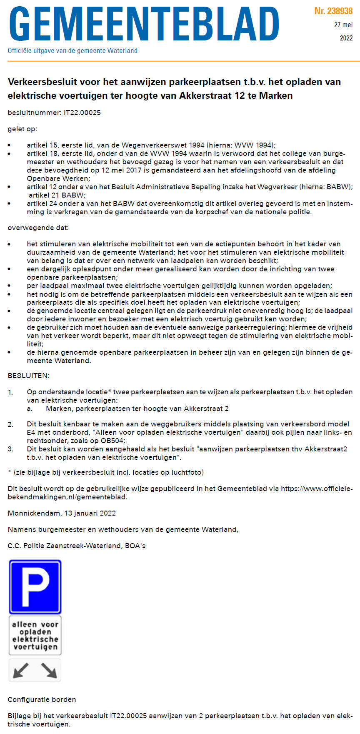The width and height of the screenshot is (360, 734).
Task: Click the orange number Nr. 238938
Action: click(333, 11)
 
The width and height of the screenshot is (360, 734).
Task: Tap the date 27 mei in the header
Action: click(343, 25)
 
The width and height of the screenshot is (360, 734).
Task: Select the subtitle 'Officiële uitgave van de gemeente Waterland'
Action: click(72, 51)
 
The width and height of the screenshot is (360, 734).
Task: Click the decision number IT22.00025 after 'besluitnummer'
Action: click(82, 113)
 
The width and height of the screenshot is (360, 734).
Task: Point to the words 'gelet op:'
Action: click(22, 129)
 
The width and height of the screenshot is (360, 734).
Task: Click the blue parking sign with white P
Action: click(35, 587)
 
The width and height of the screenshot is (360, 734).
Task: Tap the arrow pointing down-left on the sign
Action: click(21, 670)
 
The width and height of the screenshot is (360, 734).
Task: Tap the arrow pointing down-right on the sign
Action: click(49, 670)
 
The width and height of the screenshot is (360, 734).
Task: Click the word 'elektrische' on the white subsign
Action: click(35, 639)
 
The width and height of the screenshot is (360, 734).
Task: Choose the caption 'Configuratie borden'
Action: click(42, 699)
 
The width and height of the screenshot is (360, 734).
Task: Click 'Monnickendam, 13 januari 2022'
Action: click(62, 513)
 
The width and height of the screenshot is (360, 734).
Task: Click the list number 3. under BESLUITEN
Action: click(10, 449)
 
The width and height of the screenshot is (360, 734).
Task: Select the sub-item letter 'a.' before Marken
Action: click(30, 408)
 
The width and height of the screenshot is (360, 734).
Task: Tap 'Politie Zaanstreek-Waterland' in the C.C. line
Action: click(72, 546)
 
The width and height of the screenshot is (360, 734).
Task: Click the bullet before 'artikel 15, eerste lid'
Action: click(10, 145)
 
